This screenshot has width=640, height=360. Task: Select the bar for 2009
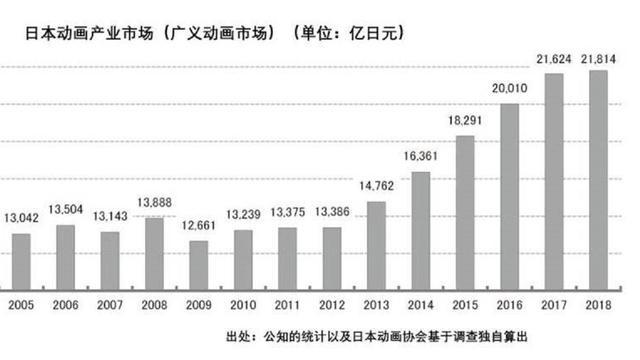(x=199, y=263)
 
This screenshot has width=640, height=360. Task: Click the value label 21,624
(x=554, y=61)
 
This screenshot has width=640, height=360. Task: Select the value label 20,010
(x=509, y=88)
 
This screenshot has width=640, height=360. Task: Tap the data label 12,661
(x=199, y=226)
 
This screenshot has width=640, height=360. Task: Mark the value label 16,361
(x=420, y=156)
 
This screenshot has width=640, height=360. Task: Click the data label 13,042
(x=22, y=219)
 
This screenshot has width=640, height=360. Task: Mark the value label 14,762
(x=376, y=186)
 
